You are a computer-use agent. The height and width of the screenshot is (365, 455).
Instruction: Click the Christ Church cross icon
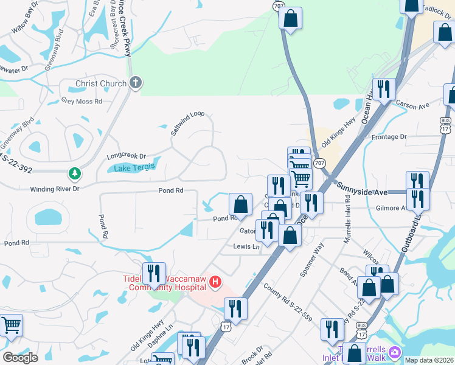point(135,83)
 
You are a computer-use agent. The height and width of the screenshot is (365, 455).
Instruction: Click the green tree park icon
point(75,175)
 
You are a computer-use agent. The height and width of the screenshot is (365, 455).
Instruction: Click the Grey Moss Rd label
point(82,101)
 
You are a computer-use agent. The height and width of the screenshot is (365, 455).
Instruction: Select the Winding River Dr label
point(55,189)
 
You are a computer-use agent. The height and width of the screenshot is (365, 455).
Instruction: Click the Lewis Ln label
point(246,246)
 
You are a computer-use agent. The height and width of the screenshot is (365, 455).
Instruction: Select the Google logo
point(20,358)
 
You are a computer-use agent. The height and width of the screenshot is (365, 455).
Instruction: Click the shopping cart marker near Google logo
point(12,326)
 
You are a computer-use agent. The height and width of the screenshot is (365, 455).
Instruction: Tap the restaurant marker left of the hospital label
point(154,274)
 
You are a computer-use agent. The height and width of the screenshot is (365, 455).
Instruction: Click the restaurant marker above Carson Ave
point(384,90)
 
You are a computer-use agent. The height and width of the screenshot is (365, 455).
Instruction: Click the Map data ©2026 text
point(429,360)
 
